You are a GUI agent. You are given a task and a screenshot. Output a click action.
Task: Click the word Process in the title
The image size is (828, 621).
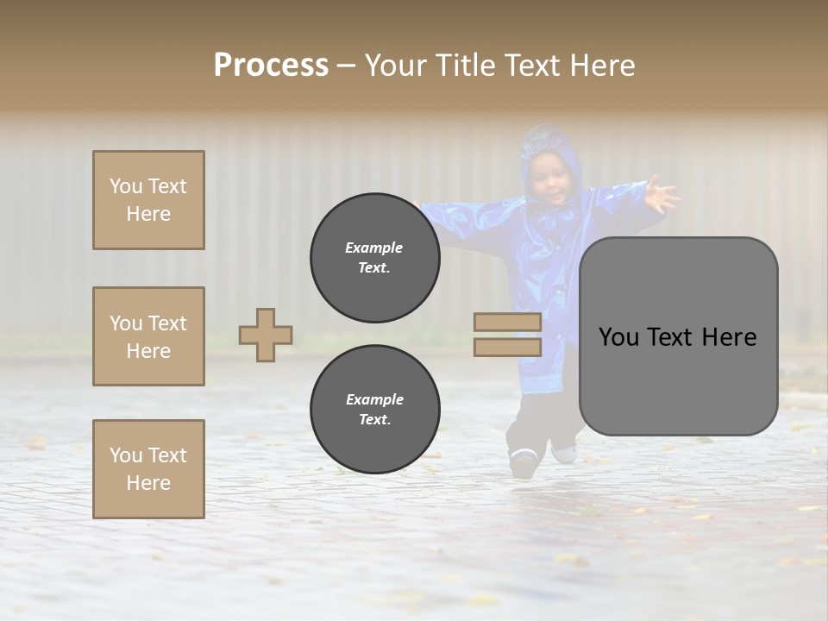(x=271, y=65)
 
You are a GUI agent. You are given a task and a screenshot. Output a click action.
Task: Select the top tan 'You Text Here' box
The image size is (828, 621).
(x=148, y=200)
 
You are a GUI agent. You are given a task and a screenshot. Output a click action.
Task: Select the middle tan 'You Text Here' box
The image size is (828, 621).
(x=148, y=336)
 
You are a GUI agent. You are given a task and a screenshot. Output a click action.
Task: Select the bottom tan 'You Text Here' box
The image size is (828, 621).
(x=148, y=469)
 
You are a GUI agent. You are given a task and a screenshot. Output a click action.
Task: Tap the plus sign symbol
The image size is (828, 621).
(x=266, y=335)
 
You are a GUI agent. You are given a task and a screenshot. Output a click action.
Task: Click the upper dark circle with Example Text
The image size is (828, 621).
(x=374, y=258)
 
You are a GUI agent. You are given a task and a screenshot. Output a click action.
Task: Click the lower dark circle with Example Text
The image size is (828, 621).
(x=374, y=410)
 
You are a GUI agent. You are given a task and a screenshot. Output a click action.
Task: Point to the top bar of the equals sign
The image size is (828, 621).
(x=507, y=322)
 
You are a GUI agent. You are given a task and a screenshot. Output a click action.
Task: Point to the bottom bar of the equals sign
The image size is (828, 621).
(x=507, y=347)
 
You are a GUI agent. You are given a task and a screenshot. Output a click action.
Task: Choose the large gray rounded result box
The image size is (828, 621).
(x=678, y=336)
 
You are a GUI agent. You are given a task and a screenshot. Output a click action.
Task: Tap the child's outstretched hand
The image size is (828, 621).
(x=660, y=194)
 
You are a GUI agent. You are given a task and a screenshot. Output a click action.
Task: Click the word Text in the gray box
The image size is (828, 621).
(x=677, y=337)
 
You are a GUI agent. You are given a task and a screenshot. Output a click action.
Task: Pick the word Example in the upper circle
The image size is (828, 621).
(x=374, y=248)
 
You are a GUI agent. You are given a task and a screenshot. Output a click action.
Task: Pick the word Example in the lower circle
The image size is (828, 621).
(x=374, y=399)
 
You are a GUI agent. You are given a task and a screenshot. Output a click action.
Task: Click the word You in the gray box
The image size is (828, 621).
(x=619, y=337)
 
